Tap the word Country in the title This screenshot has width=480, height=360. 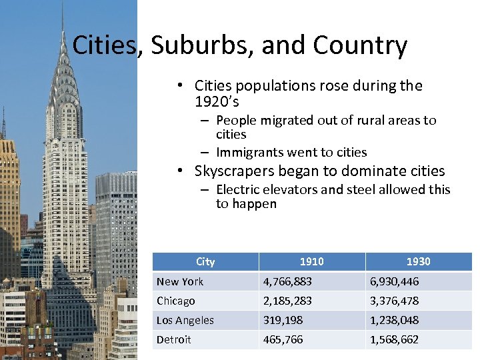tap(360, 45)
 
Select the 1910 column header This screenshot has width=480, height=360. tap(312, 261)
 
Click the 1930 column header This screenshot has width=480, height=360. tap(418, 261)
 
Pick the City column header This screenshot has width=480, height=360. tap(205, 261)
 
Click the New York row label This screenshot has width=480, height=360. tap(180, 281)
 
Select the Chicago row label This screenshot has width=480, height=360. tap(176, 301)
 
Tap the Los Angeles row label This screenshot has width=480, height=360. tap(185, 320)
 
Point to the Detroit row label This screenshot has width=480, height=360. tap(174, 339)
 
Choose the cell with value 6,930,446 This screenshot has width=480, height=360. tap(395, 281)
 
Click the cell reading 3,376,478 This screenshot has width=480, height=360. tap(395, 301)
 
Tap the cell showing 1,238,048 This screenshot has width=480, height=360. tap(395, 320)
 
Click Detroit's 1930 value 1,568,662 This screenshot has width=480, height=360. tap(395, 339)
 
